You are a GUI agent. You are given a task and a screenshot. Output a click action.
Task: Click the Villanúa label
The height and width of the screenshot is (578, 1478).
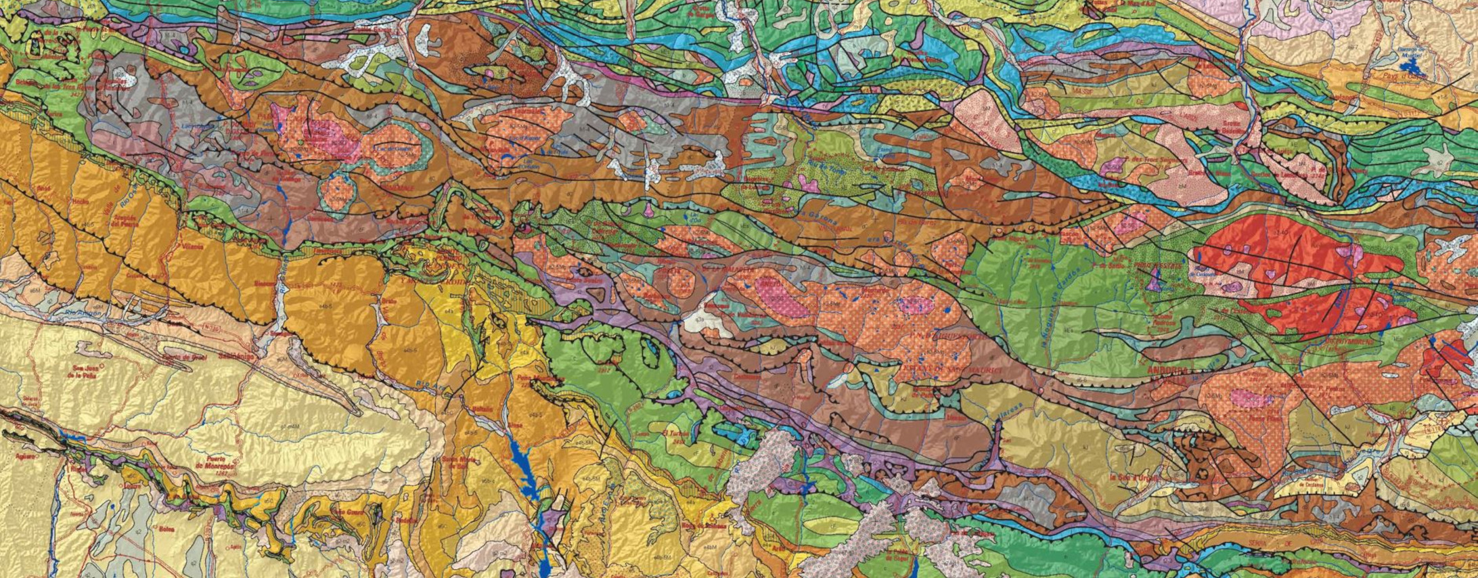(185, 247)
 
